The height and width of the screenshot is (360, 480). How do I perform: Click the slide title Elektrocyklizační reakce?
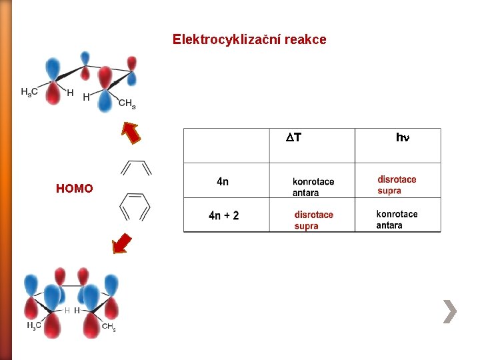point(249,39)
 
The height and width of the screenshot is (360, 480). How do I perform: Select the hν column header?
point(403,138)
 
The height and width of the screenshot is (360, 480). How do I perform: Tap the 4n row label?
point(223,181)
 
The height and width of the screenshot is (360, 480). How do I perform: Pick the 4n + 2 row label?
point(224,215)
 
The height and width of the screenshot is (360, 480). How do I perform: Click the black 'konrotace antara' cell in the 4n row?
point(313,187)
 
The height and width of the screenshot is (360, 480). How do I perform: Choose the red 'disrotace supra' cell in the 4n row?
point(397,185)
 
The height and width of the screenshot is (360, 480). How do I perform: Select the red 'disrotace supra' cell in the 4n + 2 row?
point(313,220)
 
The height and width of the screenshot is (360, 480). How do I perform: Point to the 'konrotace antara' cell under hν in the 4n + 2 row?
point(397,219)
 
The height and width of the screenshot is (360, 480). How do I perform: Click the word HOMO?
point(75,189)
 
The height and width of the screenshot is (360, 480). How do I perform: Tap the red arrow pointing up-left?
point(132,133)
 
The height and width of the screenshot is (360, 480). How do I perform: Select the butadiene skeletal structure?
point(136,167)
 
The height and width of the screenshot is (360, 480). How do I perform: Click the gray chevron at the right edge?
point(450,311)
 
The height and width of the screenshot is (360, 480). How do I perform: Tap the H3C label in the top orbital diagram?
point(29,92)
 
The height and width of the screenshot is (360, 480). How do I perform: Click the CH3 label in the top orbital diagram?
point(127,103)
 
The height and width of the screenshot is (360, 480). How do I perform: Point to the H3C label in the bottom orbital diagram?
point(34,325)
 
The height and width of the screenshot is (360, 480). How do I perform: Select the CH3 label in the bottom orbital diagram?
point(109,326)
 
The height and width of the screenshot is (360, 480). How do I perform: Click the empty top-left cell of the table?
point(227,145)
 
